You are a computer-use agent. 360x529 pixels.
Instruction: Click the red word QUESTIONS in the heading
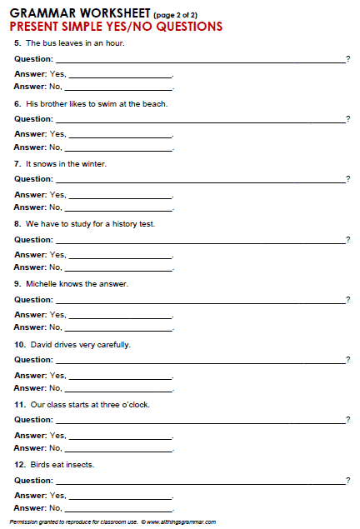click(x=185, y=27)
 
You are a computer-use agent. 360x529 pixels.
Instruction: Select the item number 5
click(x=17, y=43)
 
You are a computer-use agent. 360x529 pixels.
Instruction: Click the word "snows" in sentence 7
click(x=47, y=164)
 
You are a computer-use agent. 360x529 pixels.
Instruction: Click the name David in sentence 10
click(x=41, y=344)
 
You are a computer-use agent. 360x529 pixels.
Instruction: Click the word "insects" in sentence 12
click(x=80, y=464)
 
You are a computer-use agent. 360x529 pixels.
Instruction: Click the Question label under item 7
click(x=33, y=179)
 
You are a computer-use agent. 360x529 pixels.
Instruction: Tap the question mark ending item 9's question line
click(x=347, y=300)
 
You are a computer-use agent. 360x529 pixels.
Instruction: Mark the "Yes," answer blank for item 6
click(x=121, y=136)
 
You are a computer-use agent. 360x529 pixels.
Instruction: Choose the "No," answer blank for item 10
click(x=118, y=389)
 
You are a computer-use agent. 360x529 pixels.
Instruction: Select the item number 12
click(x=19, y=464)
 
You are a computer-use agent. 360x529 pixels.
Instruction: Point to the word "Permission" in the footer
click(x=22, y=522)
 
